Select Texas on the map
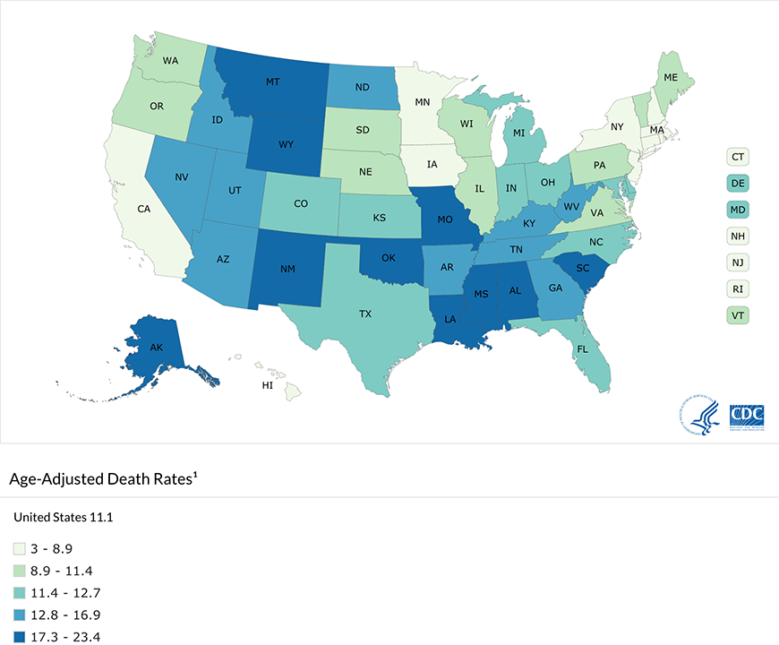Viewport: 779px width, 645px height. pos(365,314)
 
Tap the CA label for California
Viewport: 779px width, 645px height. pos(143,209)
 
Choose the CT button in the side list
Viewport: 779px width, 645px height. pos(738,157)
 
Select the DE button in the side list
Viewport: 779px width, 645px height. pos(738,184)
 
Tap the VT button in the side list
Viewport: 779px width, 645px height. pos(738,315)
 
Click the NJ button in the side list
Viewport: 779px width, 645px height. pos(738,262)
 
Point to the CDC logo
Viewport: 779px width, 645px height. pos(747,417)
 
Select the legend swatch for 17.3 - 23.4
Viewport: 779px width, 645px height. pos(19,638)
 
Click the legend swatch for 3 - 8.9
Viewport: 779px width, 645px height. pos(19,548)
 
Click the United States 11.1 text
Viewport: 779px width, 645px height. pos(63,518)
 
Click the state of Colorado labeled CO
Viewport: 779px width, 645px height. pos(301,203)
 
